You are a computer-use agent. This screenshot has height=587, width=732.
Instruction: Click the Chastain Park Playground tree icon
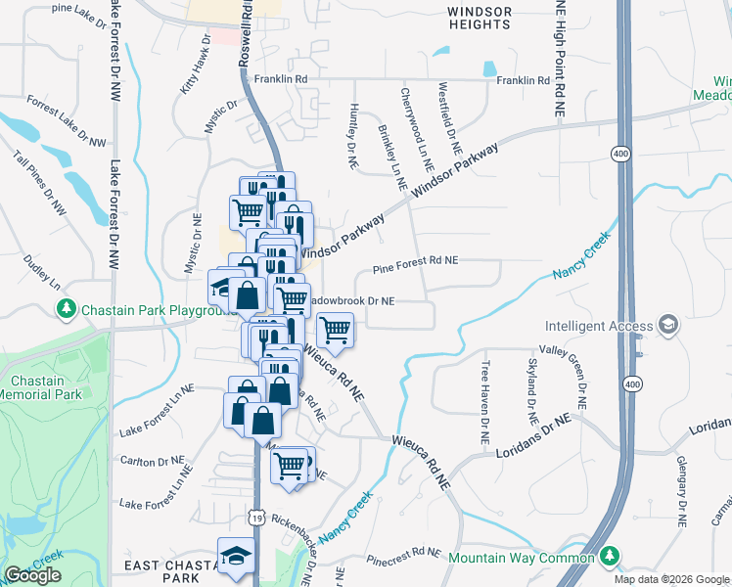click(67, 310)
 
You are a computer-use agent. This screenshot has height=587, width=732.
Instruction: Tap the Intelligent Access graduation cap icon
click(667, 326)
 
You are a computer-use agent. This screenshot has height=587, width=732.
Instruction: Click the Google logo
click(32, 575)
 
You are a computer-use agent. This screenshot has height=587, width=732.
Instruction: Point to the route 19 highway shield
click(256, 515)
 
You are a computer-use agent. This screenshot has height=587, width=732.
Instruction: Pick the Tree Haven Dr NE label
click(483, 403)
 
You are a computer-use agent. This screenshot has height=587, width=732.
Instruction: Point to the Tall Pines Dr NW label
click(39, 184)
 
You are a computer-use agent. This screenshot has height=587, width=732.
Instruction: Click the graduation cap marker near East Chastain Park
click(236, 557)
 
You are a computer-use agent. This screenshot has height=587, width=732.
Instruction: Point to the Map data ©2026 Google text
click(670, 579)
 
